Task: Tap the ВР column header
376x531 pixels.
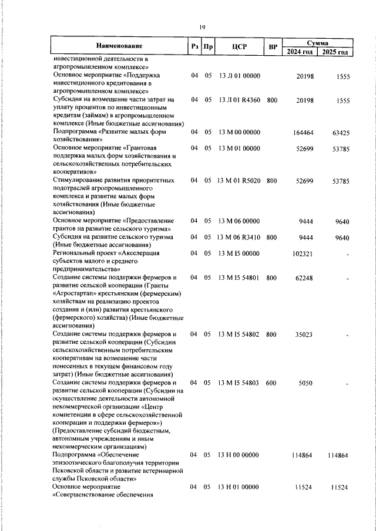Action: pyautogui.click(x=272, y=46)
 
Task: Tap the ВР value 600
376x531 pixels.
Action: pyautogui.click(x=271, y=382)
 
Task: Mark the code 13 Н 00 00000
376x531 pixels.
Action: pyautogui.click(x=239, y=455)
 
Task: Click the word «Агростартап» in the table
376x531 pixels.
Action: pyautogui.click(x=77, y=293)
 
